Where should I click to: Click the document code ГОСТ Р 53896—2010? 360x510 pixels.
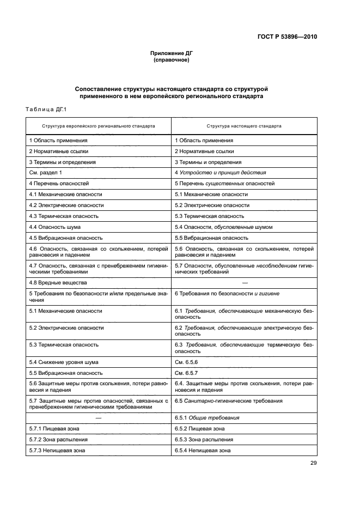pyautogui.click(x=287, y=38)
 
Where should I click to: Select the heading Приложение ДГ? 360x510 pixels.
pyautogui.click(x=172, y=53)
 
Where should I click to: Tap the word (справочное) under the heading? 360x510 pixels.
pyautogui.click(x=172, y=60)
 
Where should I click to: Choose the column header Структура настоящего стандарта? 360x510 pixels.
pyautogui.click(x=244, y=126)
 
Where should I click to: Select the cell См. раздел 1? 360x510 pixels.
pyautogui.click(x=46, y=173)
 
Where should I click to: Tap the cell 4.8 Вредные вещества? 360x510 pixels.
pyautogui.click(x=58, y=283)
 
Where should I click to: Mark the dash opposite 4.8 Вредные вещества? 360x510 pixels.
pyautogui.click(x=244, y=283)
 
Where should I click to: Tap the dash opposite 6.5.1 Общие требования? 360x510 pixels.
pyautogui.click(x=99, y=418)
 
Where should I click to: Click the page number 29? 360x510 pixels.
pyautogui.click(x=313, y=463)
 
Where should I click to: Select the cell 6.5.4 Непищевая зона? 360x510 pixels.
pyautogui.click(x=203, y=451)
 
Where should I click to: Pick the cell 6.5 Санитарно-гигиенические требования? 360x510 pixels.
pyautogui.click(x=229, y=401)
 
